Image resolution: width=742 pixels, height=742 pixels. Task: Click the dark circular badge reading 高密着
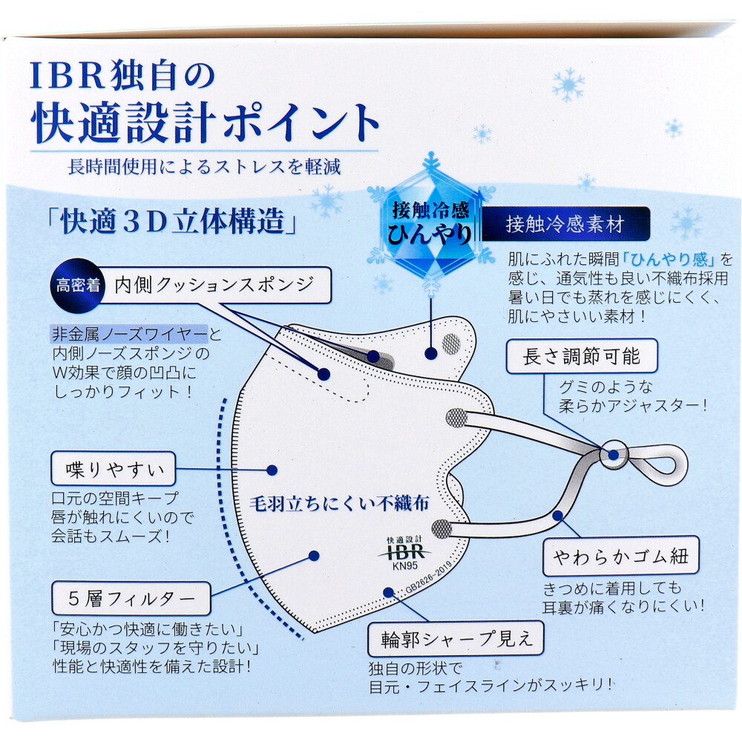click(x=78, y=286)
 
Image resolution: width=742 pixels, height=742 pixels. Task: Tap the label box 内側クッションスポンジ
click(x=215, y=285)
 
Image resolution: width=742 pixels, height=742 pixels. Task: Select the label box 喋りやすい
click(x=113, y=469)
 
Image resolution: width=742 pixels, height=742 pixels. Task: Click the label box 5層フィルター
click(x=131, y=599)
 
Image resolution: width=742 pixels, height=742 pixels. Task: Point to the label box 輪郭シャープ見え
click(x=456, y=638)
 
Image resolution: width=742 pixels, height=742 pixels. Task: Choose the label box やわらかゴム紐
click(x=620, y=556)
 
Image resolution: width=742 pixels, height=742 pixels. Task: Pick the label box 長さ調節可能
click(x=582, y=356)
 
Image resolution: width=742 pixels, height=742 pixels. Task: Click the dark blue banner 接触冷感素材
click(x=565, y=224)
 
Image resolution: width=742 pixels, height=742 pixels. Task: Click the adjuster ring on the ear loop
click(x=614, y=455)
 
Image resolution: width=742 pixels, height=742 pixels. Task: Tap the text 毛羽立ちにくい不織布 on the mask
click(x=339, y=504)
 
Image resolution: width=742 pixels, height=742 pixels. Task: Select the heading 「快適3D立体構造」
click(x=172, y=221)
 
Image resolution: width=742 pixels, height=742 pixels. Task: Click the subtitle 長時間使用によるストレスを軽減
click(x=204, y=166)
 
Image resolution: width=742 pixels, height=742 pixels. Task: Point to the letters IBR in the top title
click(x=68, y=76)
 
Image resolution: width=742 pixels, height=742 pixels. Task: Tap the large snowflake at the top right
click(x=568, y=85)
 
